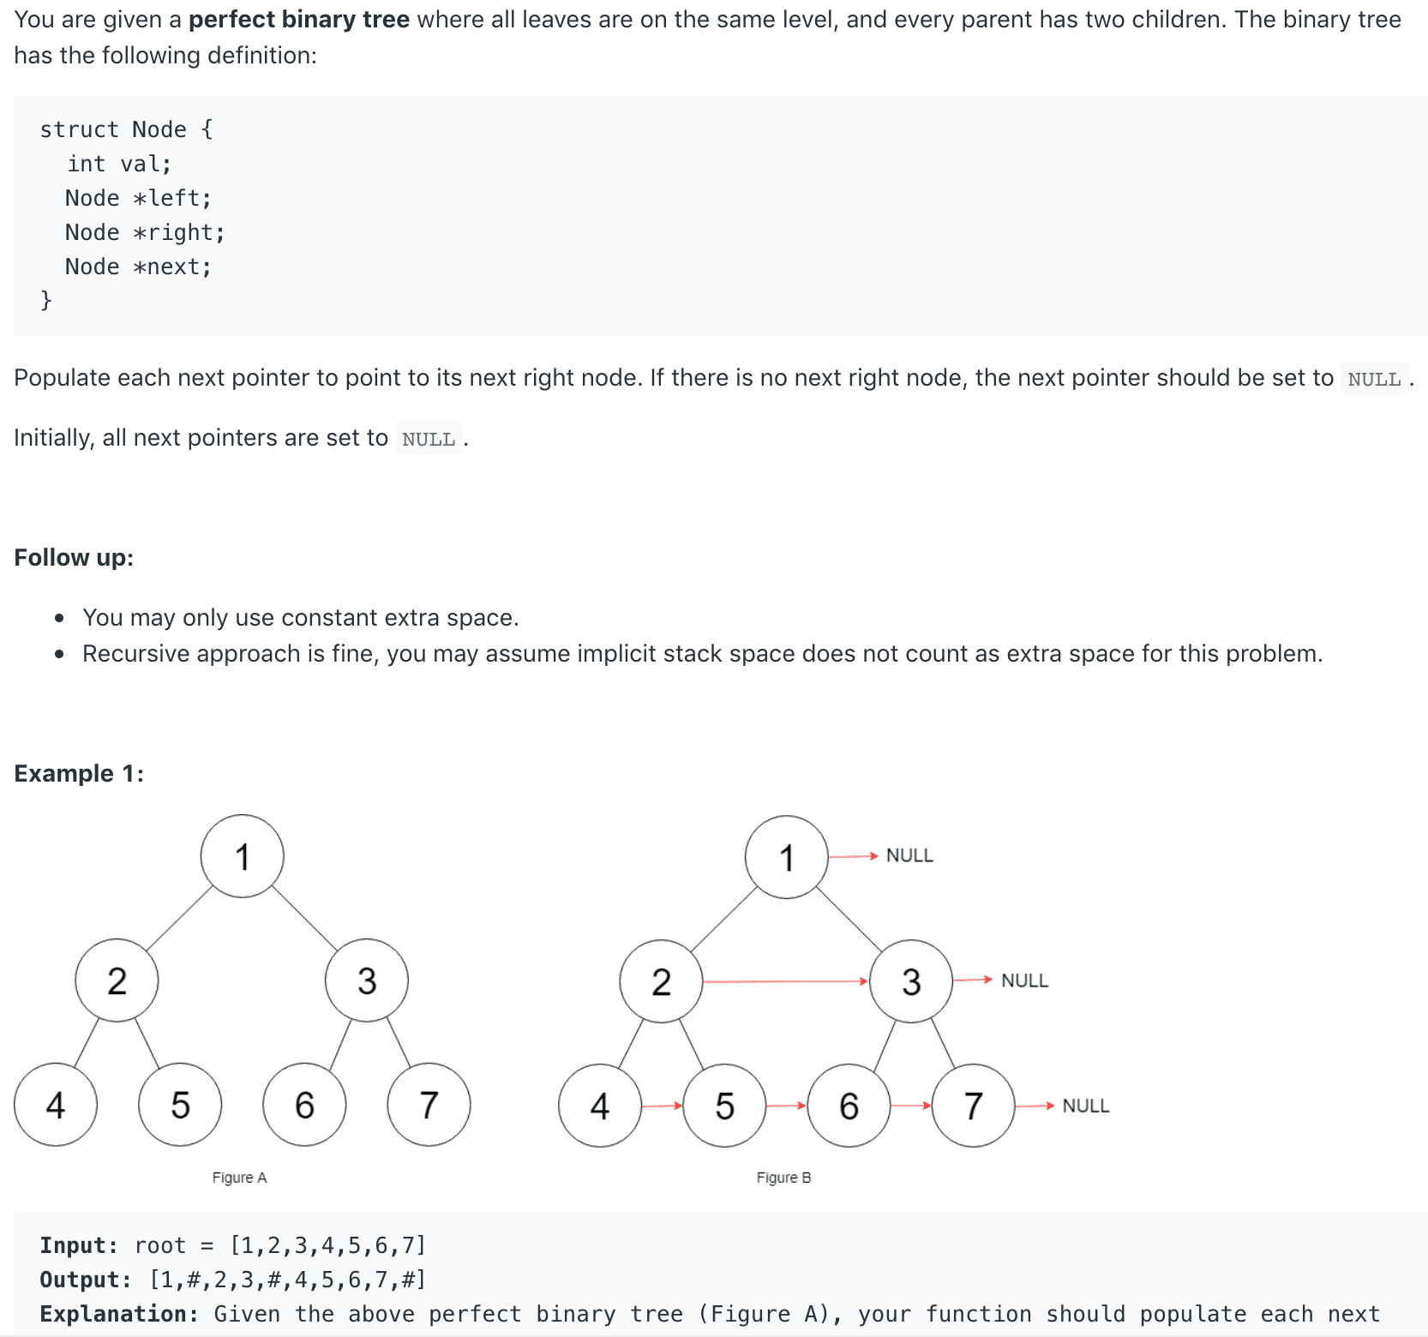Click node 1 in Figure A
(x=243, y=856)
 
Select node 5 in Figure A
(x=180, y=1105)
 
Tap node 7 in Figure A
(x=429, y=1105)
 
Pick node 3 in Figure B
(x=911, y=981)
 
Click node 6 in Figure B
(x=849, y=1106)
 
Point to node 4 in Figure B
(x=600, y=1106)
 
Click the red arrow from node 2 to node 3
(x=785, y=981)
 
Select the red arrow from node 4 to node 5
(x=662, y=1106)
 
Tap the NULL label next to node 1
(x=909, y=855)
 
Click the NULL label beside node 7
(x=1085, y=1106)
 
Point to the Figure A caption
(x=239, y=1178)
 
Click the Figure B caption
(x=783, y=1178)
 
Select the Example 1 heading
(x=79, y=773)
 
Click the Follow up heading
(x=74, y=557)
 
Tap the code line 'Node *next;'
(x=138, y=267)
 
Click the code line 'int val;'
(x=119, y=164)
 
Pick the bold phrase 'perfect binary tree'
(x=298, y=19)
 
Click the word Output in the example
(x=85, y=1280)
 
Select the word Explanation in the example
(x=118, y=1314)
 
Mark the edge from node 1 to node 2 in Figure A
(x=179, y=918)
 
